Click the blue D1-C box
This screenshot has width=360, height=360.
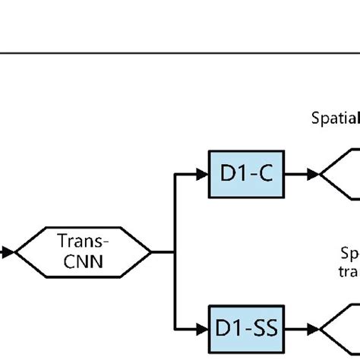pyautogui.click(x=245, y=174)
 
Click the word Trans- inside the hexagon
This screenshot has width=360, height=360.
pyautogui.click(x=84, y=242)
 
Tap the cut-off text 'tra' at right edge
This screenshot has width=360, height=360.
pyautogui.click(x=349, y=270)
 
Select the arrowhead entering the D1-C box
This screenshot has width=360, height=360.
pyautogui.click(x=201, y=174)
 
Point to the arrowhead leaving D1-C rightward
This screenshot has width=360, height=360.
pyautogui.click(x=312, y=174)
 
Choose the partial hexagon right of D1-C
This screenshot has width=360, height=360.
pyautogui.click(x=339, y=174)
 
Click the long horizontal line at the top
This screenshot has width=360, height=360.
pyautogui.click(x=180, y=53)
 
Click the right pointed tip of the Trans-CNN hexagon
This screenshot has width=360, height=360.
pyautogui.click(x=151, y=251)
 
